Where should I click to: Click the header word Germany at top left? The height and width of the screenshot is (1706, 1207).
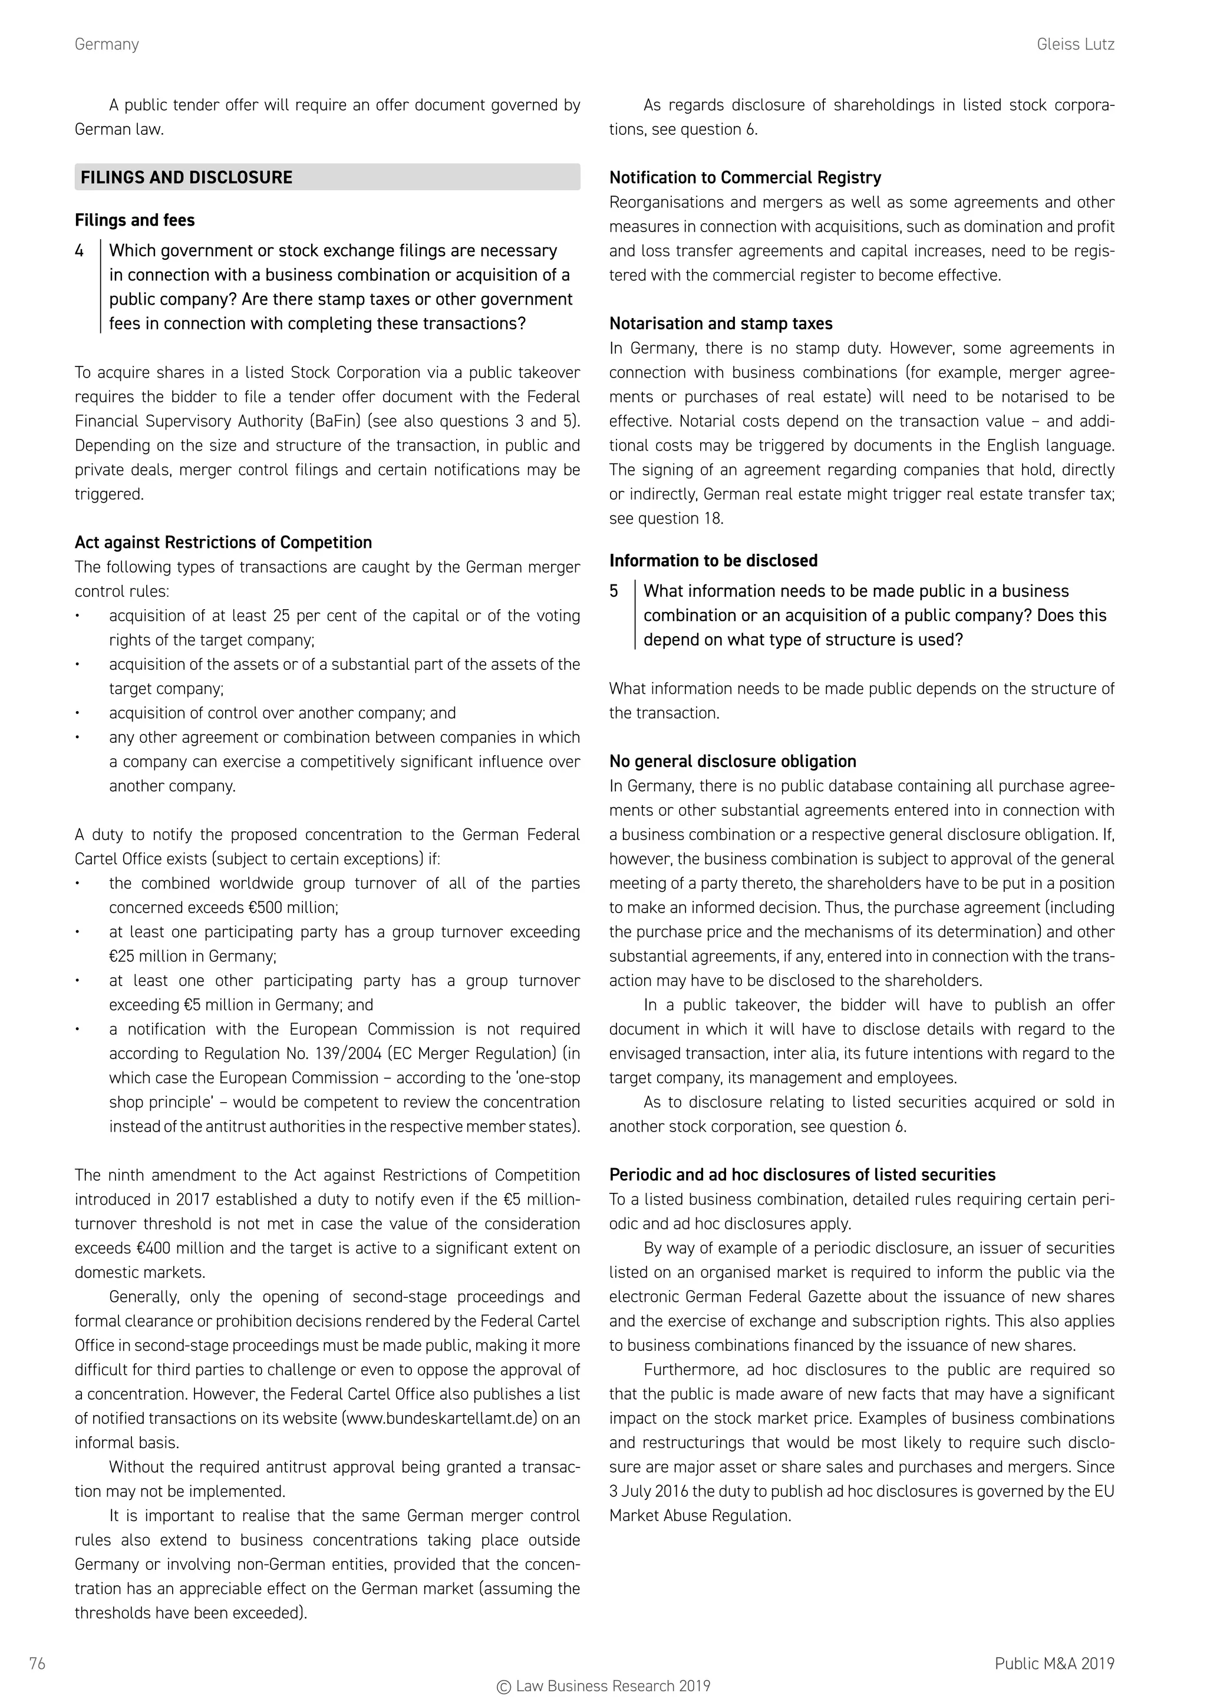coord(106,45)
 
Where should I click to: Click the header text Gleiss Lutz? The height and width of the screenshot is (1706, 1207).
coord(1075,45)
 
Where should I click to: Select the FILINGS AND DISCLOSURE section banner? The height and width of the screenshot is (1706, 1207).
coord(327,177)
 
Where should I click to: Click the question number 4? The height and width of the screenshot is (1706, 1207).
coord(80,251)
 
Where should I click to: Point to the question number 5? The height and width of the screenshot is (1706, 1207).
coord(614,591)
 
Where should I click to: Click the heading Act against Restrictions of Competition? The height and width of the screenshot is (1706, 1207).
coord(223,543)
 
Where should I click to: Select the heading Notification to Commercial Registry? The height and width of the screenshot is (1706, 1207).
coord(745,177)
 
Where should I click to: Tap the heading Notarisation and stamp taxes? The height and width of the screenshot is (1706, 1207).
coord(720,324)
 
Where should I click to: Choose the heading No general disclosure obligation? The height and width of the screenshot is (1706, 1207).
coord(732,762)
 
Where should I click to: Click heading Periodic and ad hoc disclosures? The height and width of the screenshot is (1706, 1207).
coord(802,1175)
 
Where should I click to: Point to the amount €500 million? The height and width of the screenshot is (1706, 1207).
coord(296,908)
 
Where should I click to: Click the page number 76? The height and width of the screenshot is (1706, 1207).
coord(37,1664)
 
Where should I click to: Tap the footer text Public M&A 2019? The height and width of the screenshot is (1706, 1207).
coord(1054,1664)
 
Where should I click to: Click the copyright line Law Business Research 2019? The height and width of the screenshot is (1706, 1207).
coord(603,1687)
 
